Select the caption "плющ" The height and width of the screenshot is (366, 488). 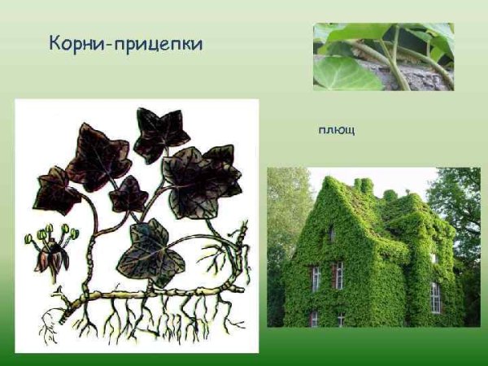pos(336,130)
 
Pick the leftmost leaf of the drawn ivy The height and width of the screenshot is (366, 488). pos(57,190)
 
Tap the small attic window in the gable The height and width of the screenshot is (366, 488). pos(332,234)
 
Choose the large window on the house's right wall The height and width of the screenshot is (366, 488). pos(435,297)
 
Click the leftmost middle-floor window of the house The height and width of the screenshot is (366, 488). pos(315,277)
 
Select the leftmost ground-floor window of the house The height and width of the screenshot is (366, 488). pos(314,318)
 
